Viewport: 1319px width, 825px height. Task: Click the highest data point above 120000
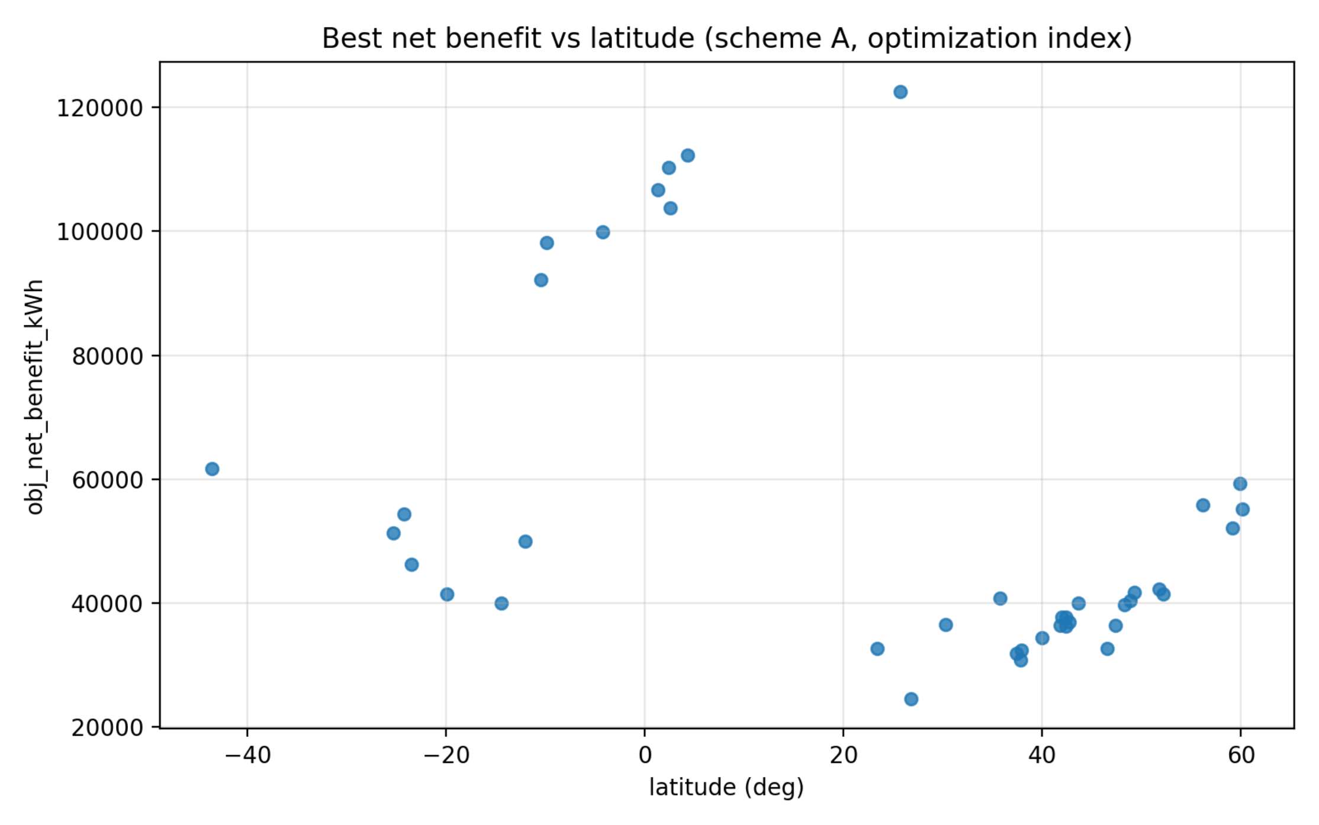pyautogui.click(x=900, y=92)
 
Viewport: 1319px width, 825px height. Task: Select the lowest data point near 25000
pyautogui.click(x=911, y=699)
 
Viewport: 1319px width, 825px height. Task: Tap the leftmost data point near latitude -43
pyautogui.click(x=212, y=469)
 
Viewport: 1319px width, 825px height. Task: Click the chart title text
pyautogui.click(x=726, y=38)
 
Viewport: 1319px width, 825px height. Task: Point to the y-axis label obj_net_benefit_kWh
pyautogui.click(x=35, y=397)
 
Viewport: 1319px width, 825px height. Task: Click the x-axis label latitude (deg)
pyautogui.click(x=726, y=787)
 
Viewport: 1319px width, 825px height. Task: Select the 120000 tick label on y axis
pyautogui.click(x=100, y=108)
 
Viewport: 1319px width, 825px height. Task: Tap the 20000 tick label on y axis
pyautogui.click(x=107, y=728)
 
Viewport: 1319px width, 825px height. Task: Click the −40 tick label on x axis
pyautogui.click(x=247, y=755)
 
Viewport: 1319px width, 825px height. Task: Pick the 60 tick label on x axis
pyautogui.click(x=1241, y=755)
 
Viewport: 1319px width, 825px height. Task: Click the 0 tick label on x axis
pyautogui.click(x=645, y=755)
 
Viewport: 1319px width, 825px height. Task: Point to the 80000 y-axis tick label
pyautogui.click(x=107, y=356)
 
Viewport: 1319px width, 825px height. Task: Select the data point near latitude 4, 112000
pyautogui.click(x=687, y=155)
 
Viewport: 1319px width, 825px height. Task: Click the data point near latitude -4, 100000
pyautogui.click(x=603, y=232)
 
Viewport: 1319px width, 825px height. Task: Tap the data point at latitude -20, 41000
pyautogui.click(x=447, y=594)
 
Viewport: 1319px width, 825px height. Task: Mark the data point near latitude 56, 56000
pyautogui.click(x=1203, y=505)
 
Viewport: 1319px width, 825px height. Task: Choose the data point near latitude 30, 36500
pyautogui.click(x=945, y=624)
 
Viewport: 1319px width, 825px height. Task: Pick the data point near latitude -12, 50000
pyautogui.click(x=525, y=542)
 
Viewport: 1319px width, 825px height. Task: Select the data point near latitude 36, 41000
pyautogui.click(x=1000, y=598)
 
